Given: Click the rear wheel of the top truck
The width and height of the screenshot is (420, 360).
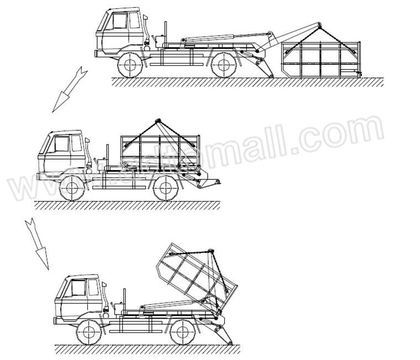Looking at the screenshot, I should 223,66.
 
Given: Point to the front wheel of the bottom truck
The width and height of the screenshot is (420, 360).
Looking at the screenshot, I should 88,333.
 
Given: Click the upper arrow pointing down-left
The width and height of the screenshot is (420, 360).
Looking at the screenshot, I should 68,89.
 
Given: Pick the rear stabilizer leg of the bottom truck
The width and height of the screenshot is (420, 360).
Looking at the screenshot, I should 224,335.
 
